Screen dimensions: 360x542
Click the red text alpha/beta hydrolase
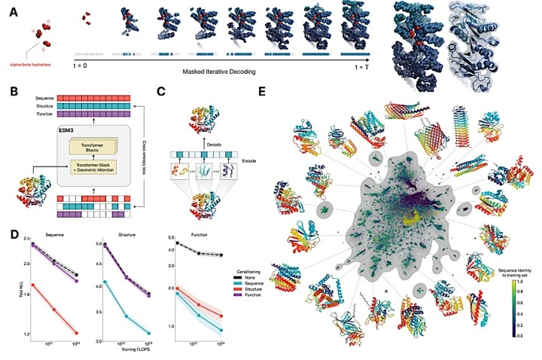28,65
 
